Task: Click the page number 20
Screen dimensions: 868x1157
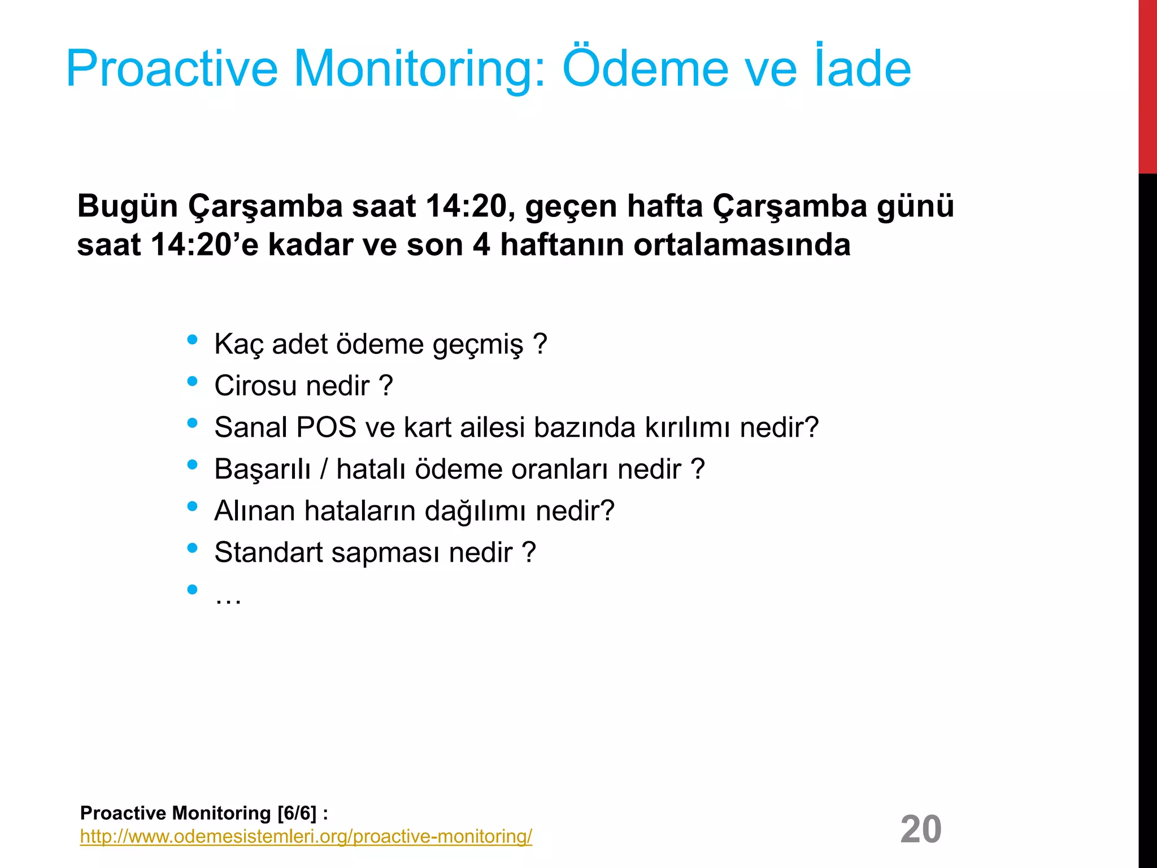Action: coord(921,829)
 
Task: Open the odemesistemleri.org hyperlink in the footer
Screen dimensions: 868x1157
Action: coord(306,836)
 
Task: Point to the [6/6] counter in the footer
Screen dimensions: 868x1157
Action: coord(297,813)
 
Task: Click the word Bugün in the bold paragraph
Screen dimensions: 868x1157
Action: coord(128,206)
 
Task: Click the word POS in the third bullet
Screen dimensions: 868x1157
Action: coord(326,427)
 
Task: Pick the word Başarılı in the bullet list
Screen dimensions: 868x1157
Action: coord(263,469)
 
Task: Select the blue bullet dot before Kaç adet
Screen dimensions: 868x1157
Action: coord(192,340)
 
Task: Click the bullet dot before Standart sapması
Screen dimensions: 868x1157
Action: coord(192,548)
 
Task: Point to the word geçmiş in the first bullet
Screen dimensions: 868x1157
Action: coord(478,344)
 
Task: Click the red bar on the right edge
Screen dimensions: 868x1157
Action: coord(1147,85)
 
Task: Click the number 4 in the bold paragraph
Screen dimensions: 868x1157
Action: coord(481,245)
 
